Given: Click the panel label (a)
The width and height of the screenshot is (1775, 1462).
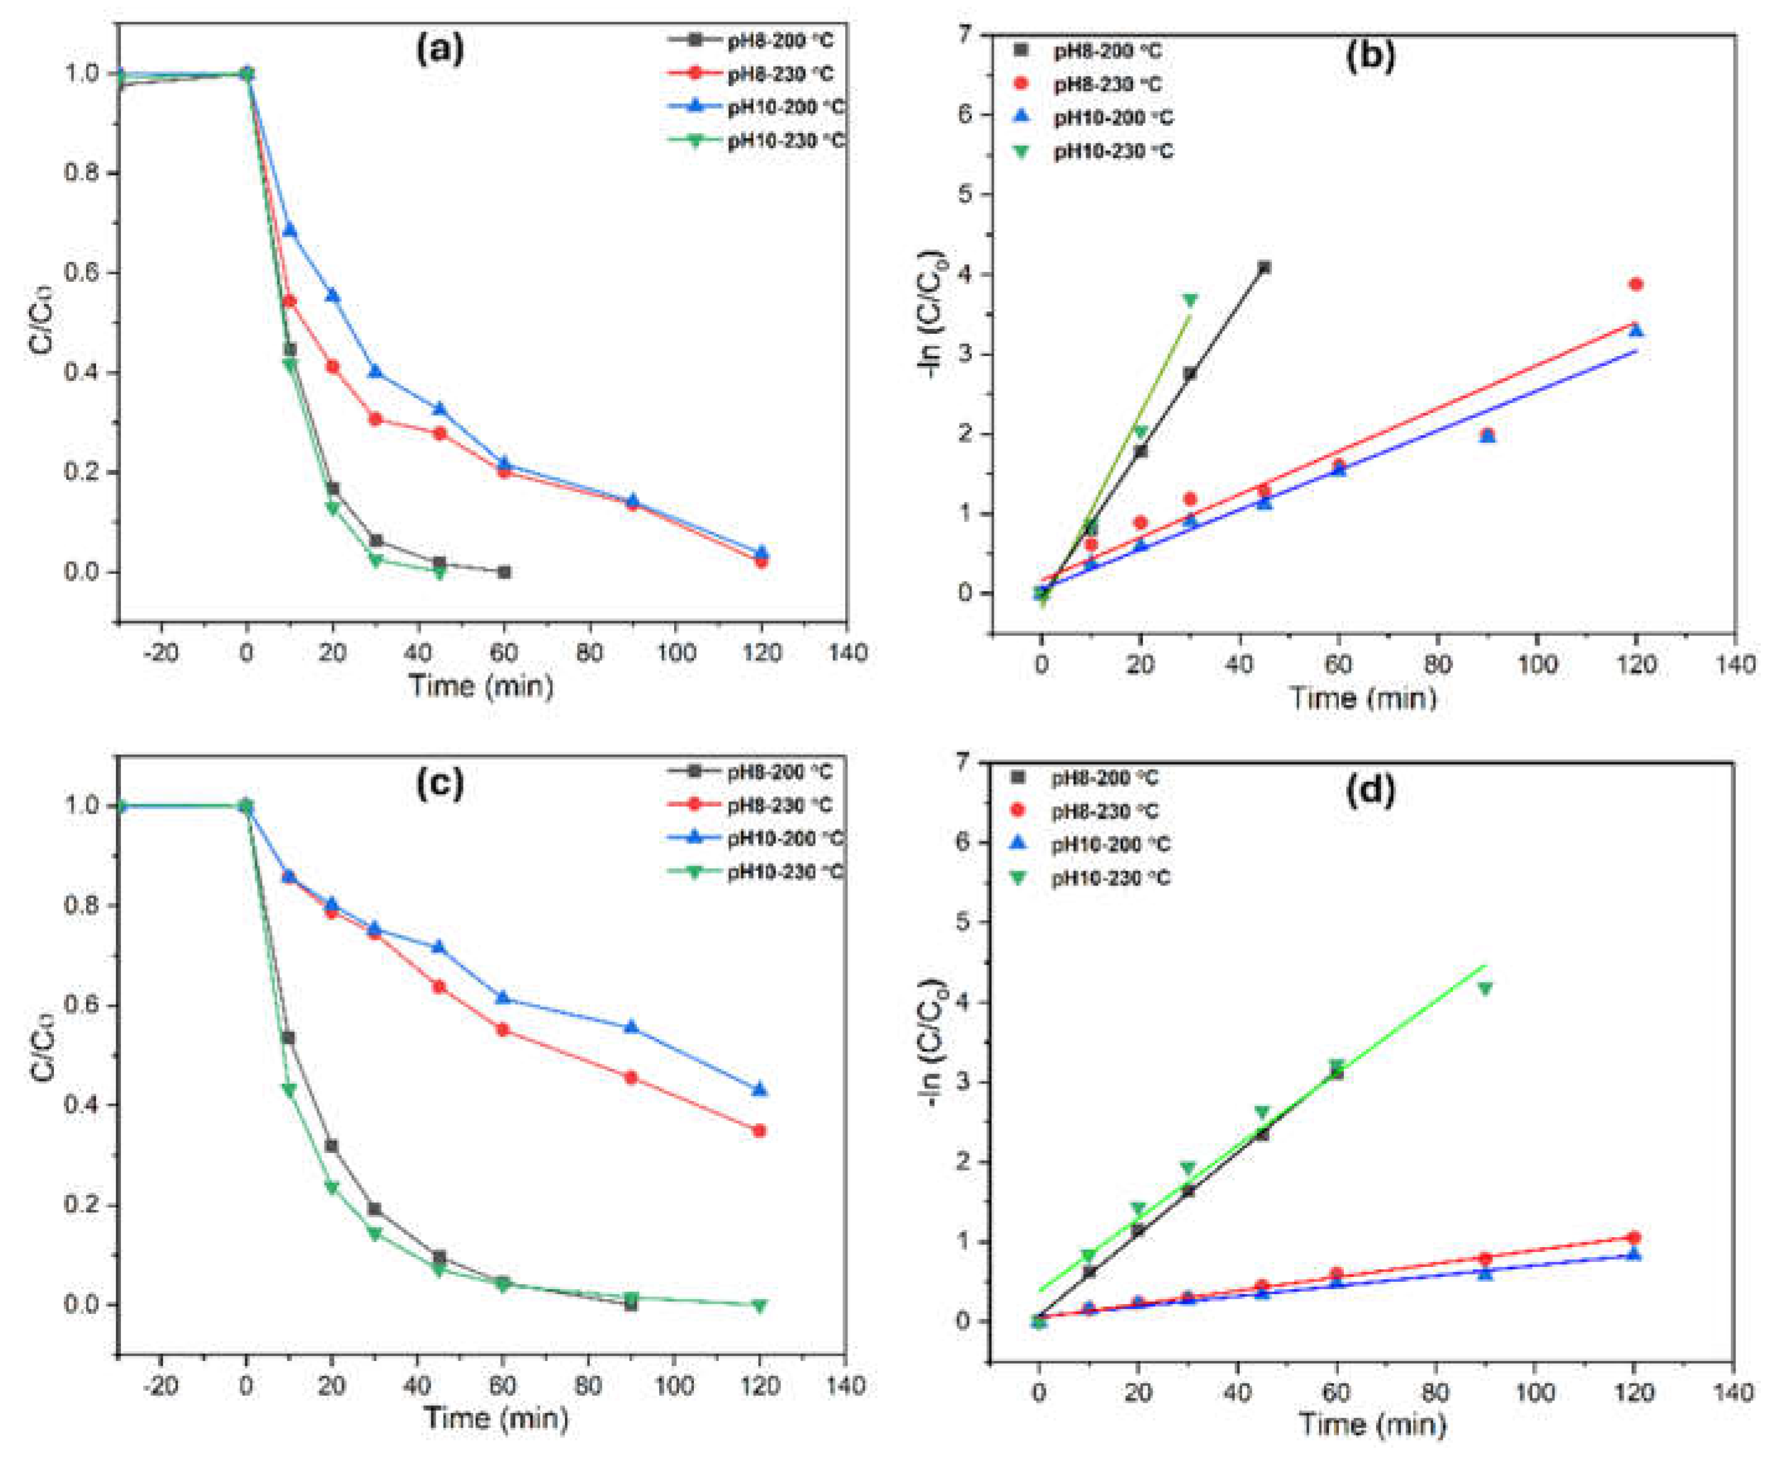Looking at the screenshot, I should tap(440, 51).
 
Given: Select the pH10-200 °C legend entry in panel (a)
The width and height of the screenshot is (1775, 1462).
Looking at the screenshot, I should tap(784, 108).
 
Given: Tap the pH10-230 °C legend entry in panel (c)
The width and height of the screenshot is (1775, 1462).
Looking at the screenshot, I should tap(784, 872).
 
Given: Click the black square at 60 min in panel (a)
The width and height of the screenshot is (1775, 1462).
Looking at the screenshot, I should tap(504, 572).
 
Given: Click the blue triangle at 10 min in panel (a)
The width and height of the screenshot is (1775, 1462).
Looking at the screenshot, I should tap(290, 230).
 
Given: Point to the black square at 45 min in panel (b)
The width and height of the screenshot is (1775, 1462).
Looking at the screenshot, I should tap(1264, 268).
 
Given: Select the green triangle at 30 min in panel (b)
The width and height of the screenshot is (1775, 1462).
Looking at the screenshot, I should tap(1190, 300).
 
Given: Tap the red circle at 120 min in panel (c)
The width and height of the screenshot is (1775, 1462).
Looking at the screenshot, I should tap(759, 1131).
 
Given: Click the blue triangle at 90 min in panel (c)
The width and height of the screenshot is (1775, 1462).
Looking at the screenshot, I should tap(631, 1027).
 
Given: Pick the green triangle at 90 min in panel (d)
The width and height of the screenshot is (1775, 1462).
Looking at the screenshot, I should tap(1484, 988).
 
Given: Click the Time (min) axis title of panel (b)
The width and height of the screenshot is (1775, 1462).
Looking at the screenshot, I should tap(1363, 697).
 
